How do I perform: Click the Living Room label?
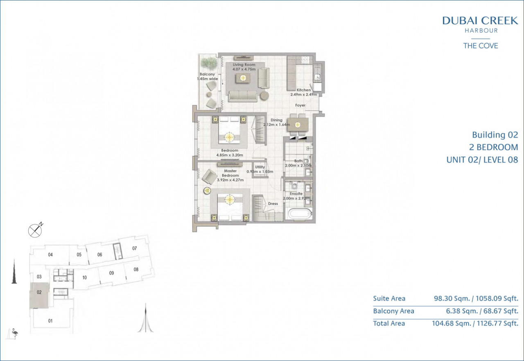(x=244, y=65)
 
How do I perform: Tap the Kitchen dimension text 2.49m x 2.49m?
(x=304, y=95)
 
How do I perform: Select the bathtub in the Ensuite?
(x=300, y=214)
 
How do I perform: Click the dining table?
(x=298, y=125)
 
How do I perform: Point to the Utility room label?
(x=260, y=167)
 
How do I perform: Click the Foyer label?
(x=300, y=105)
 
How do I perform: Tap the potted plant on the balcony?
(x=209, y=64)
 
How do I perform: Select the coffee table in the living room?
(x=243, y=78)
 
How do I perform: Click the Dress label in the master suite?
(x=273, y=204)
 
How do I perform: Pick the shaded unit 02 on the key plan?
(x=39, y=295)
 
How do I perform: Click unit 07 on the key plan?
(x=135, y=248)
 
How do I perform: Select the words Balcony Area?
(x=393, y=311)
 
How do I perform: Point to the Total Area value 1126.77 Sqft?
(x=497, y=323)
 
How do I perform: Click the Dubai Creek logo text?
(x=480, y=20)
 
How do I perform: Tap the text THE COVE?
(x=481, y=45)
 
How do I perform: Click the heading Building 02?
(x=495, y=135)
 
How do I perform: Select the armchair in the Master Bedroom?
(x=209, y=177)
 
